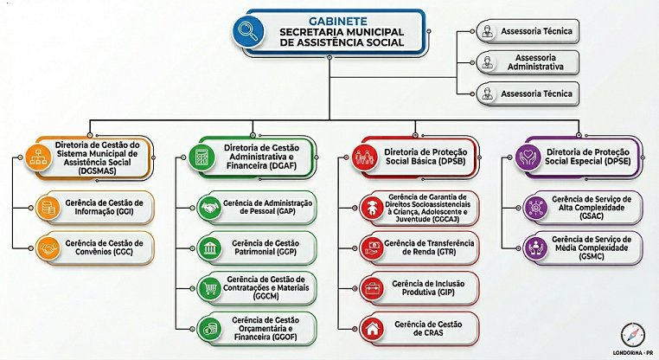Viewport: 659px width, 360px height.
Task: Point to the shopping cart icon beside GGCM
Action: (x=209, y=287)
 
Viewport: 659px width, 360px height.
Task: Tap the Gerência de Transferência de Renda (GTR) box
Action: (x=419, y=248)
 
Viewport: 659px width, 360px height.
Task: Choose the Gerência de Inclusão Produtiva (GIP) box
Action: (x=419, y=287)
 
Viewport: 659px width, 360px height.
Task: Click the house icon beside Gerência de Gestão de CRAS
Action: (x=373, y=329)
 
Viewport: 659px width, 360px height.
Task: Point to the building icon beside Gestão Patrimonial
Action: (x=209, y=249)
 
